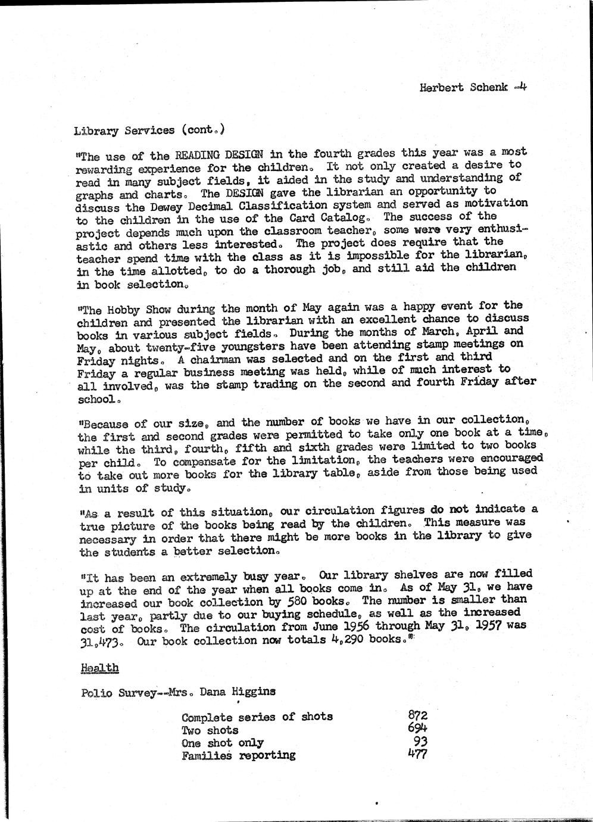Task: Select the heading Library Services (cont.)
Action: tap(149, 130)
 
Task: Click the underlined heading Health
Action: tap(99, 668)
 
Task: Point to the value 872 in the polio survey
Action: tap(417, 715)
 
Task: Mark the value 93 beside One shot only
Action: tap(421, 742)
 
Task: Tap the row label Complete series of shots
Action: tap(257, 717)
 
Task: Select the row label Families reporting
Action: tap(238, 756)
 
